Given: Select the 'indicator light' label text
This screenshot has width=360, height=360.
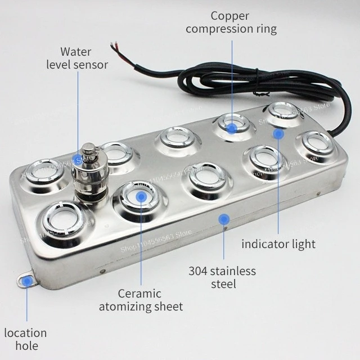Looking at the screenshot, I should click(278, 244).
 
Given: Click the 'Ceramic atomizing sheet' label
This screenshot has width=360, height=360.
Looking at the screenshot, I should click(141, 300).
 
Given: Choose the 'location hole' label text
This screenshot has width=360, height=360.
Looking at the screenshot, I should click(25, 340).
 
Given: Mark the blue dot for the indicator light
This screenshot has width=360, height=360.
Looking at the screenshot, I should click(278, 133).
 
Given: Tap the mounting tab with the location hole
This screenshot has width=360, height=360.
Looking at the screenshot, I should click(26, 280).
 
